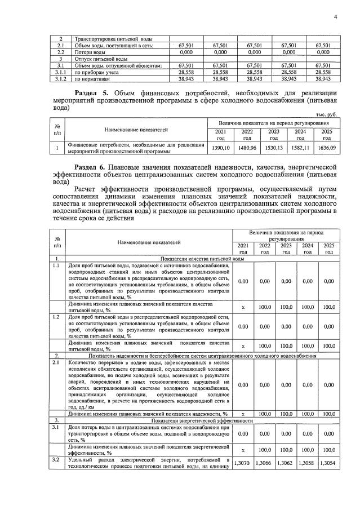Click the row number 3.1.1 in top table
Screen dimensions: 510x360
pyautogui.click(x=61, y=73)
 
